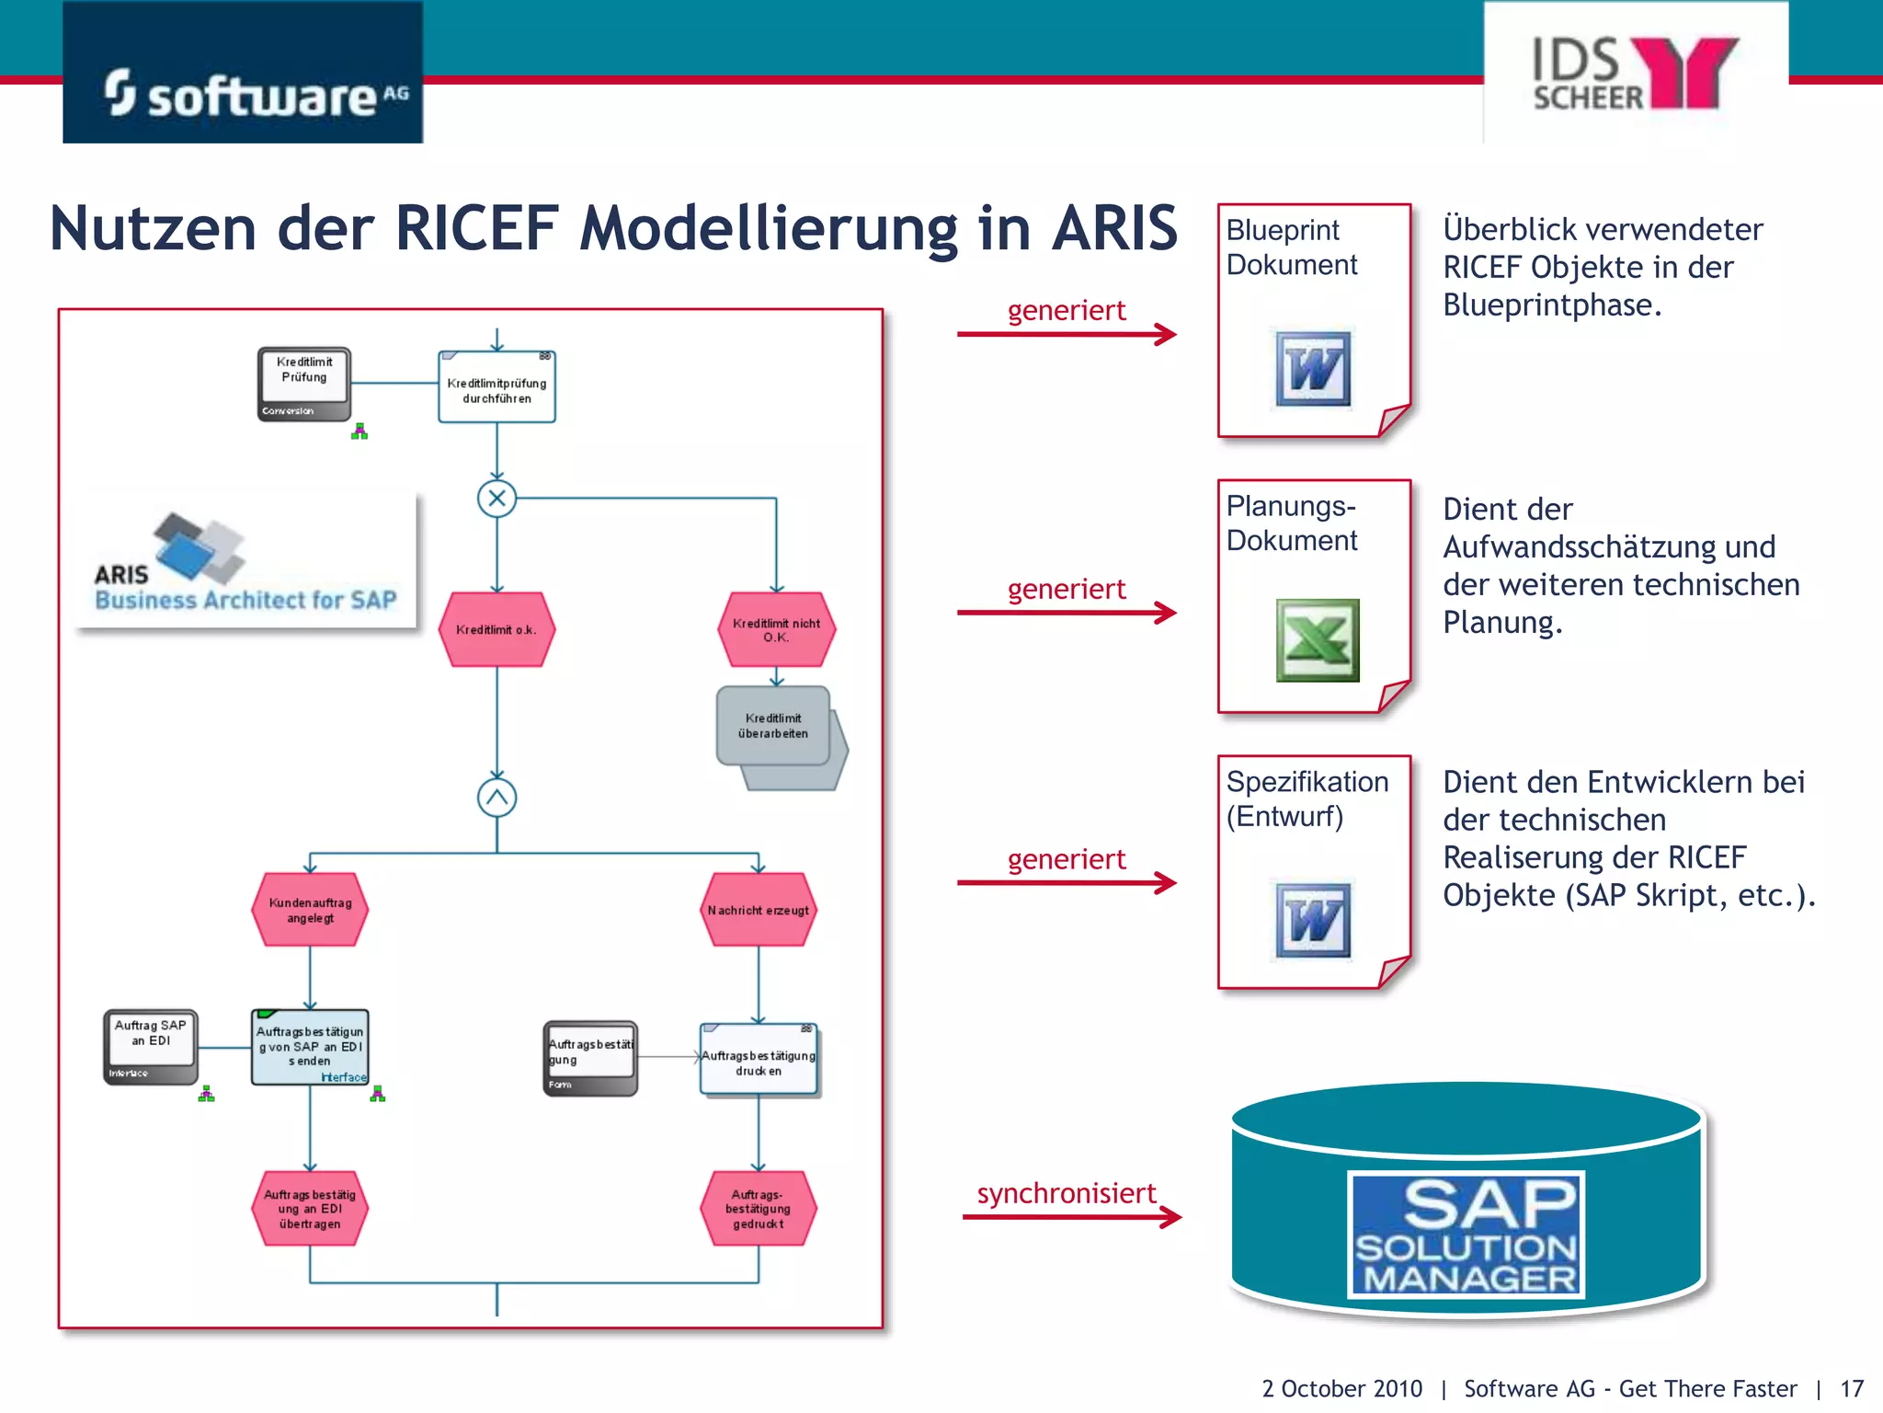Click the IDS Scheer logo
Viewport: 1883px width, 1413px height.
[1635, 74]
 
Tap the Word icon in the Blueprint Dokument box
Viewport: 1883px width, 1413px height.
[1313, 369]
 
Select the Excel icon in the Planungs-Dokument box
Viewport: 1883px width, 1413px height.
[1317, 640]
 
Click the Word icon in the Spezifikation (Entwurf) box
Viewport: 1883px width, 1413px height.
[1313, 920]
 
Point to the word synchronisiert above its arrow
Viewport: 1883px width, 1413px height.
[1066, 1193]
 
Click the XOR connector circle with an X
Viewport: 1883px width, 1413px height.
[496, 499]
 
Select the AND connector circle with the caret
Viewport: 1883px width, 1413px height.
[496, 798]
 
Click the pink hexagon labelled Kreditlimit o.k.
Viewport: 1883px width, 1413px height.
[496, 629]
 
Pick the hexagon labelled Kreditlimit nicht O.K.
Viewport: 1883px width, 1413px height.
[776, 630]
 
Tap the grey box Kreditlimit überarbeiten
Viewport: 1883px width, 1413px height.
[773, 726]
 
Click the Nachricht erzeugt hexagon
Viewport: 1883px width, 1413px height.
[759, 910]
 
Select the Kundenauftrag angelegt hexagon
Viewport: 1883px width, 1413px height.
[310, 910]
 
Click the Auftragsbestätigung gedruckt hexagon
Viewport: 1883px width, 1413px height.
[759, 1209]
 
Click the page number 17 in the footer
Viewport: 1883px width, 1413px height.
[1851, 1388]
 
